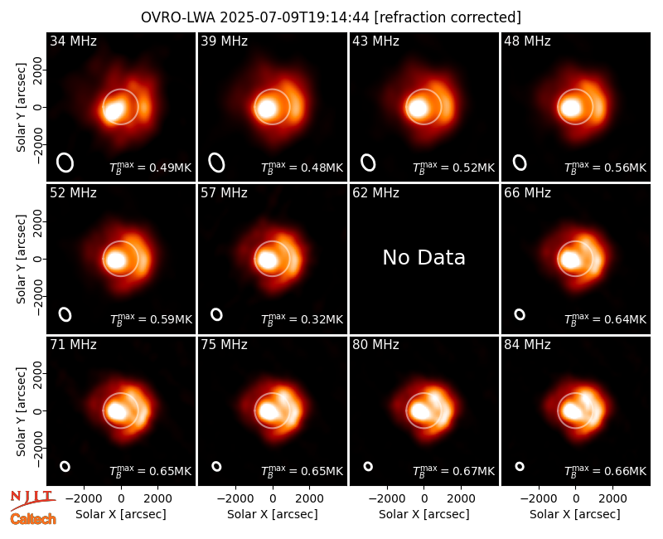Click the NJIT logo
pos(32,500)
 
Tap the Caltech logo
pos(33,519)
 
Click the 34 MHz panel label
pos(73,41)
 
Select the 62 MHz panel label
pos(375,193)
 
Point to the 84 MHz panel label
pos(527,345)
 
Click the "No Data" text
pos(423,257)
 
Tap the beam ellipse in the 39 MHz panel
pos(216,163)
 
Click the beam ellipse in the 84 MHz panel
pos(520,466)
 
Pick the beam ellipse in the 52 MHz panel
pos(65,314)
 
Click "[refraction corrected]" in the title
pos(448,17)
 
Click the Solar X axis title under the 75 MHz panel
pos(273,514)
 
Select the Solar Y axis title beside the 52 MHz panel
pos(21,259)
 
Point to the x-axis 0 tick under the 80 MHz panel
pos(424,499)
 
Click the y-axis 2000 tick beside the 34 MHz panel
pos(38,70)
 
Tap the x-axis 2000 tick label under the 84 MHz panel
pos(612,499)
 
